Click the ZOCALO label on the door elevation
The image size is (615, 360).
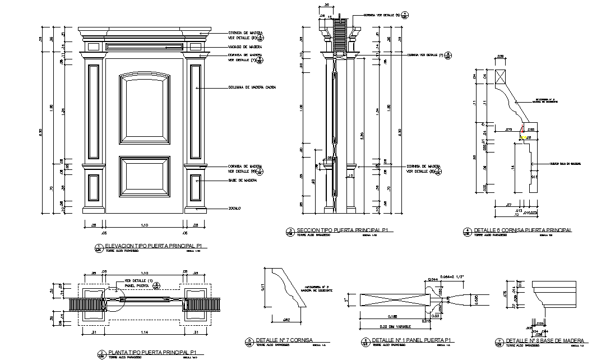[234, 209]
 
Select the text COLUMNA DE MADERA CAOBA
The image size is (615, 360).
[252, 87]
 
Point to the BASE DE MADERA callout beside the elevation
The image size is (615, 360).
[242, 181]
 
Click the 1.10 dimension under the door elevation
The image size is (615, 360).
[144, 225]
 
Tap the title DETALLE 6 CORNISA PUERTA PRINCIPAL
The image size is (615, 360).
[522, 230]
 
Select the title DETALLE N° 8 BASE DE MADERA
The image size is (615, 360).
[545, 340]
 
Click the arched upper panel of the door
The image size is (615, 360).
[144, 109]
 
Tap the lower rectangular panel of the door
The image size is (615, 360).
[144, 177]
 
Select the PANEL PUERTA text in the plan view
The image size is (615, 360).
[136, 286]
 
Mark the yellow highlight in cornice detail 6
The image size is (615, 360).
[524, 136]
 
